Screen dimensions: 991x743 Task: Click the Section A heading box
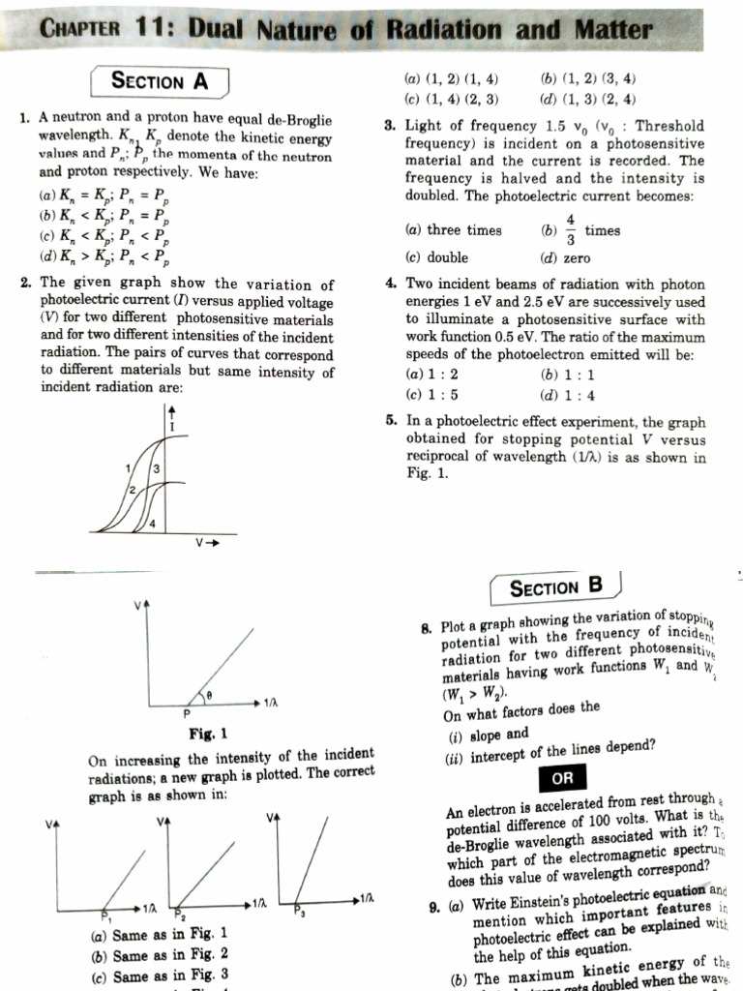coord(160,81)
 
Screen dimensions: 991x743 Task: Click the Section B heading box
coord(555,586)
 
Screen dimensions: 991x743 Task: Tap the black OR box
coord(562,779)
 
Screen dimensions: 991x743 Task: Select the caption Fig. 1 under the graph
coord(208,733)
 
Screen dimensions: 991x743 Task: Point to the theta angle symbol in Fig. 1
coord(206,693)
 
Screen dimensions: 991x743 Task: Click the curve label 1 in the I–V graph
coord(127,469)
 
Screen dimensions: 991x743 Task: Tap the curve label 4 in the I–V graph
coord(152,524)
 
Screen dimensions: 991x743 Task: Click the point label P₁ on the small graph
coord(105,914)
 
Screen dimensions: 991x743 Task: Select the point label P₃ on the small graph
coord(299,912)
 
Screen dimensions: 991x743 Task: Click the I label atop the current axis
coord(172,426)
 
